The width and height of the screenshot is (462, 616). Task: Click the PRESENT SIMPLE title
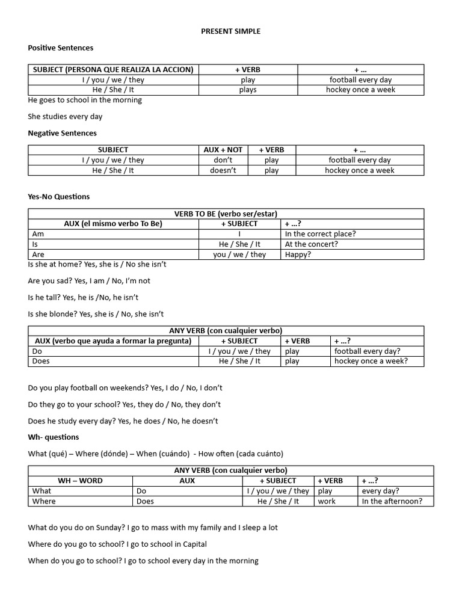(231, 31)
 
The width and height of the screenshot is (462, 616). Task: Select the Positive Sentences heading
(61, 48)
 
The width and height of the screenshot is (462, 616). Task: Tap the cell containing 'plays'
(247, 90)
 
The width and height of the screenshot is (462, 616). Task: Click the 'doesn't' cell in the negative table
(223, 170)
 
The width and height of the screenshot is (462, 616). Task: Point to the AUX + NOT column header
(223, 150)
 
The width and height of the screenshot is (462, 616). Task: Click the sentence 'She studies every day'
(65, 117)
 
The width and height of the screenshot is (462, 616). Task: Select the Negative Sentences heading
(63, 133)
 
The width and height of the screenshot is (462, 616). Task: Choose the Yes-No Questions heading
(59, 196)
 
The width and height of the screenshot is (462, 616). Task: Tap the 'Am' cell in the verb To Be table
(38, 234)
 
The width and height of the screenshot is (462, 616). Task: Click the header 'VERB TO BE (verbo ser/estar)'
(226, 214)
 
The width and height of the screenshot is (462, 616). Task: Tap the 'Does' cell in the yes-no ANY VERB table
(41, 361)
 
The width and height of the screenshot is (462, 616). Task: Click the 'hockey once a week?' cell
(371, 361)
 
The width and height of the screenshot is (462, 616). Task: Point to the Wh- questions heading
(54, 437)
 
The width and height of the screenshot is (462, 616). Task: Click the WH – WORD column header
(80, 481)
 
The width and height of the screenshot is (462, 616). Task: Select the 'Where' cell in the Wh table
(44, 501)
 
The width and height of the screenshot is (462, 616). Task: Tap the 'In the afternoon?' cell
(392, 501)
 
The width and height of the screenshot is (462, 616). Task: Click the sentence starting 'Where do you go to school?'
(117, 544)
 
